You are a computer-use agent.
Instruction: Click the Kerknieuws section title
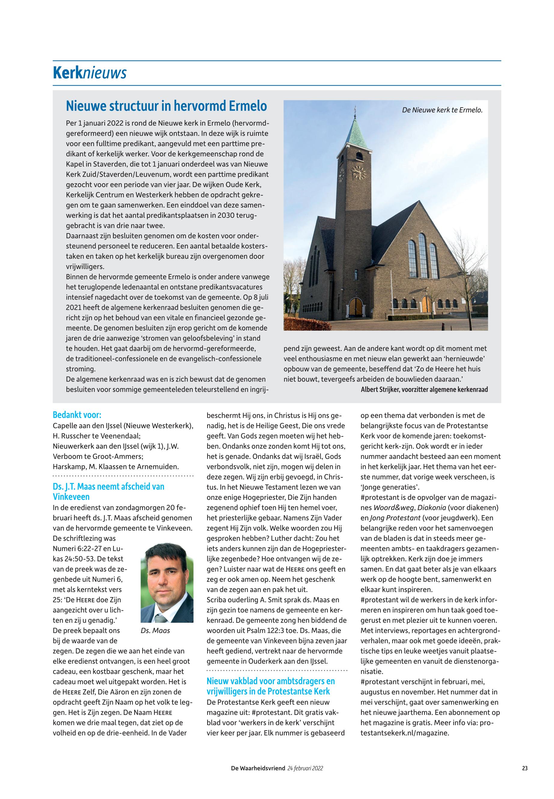pos(89,73)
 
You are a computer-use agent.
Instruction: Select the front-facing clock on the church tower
pos(359,173)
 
